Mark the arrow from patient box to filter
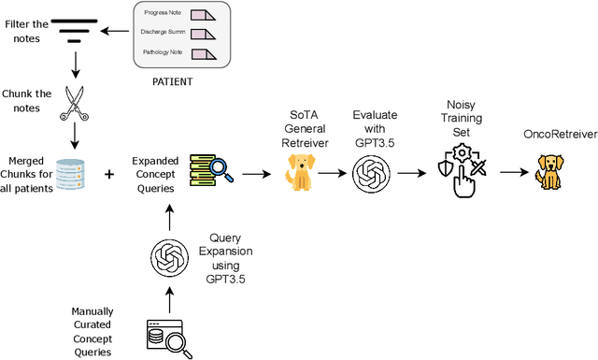pos(117,31)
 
